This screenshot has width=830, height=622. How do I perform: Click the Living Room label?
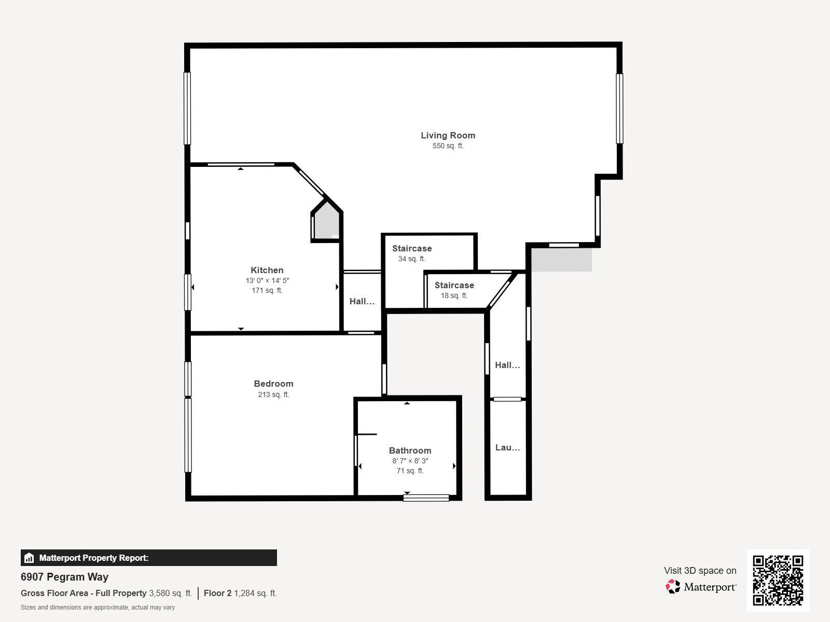pos(448,135)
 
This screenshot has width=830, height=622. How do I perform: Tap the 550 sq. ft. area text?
pos(448,146)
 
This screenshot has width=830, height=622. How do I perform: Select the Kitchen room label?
pos(267,270)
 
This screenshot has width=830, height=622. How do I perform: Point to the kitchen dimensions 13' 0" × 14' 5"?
pos(267,280)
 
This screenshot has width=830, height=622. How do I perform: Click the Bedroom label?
pos(273,384)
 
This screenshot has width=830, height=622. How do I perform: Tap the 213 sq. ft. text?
pos(273,394)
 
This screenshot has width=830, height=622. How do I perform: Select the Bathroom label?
pos(410,450)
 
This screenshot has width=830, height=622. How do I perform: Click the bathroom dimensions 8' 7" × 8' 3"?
pos(410,461)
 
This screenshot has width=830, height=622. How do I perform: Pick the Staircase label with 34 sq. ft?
pos(412,248)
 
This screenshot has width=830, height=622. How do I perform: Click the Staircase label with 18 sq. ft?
pos(454,285)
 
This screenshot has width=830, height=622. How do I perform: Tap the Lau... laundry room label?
pos(507,447)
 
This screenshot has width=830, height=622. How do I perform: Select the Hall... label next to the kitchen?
pos(362,301)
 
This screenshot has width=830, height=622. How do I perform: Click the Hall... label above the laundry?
pos(507,365)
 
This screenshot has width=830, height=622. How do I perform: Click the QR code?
pos(778,580)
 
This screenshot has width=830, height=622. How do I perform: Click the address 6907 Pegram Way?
pos(64,577)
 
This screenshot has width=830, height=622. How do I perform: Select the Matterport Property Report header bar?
pos(148,558)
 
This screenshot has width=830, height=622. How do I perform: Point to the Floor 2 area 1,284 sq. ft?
pos(240,593)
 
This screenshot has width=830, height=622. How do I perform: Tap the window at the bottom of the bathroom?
pos(426,498)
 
